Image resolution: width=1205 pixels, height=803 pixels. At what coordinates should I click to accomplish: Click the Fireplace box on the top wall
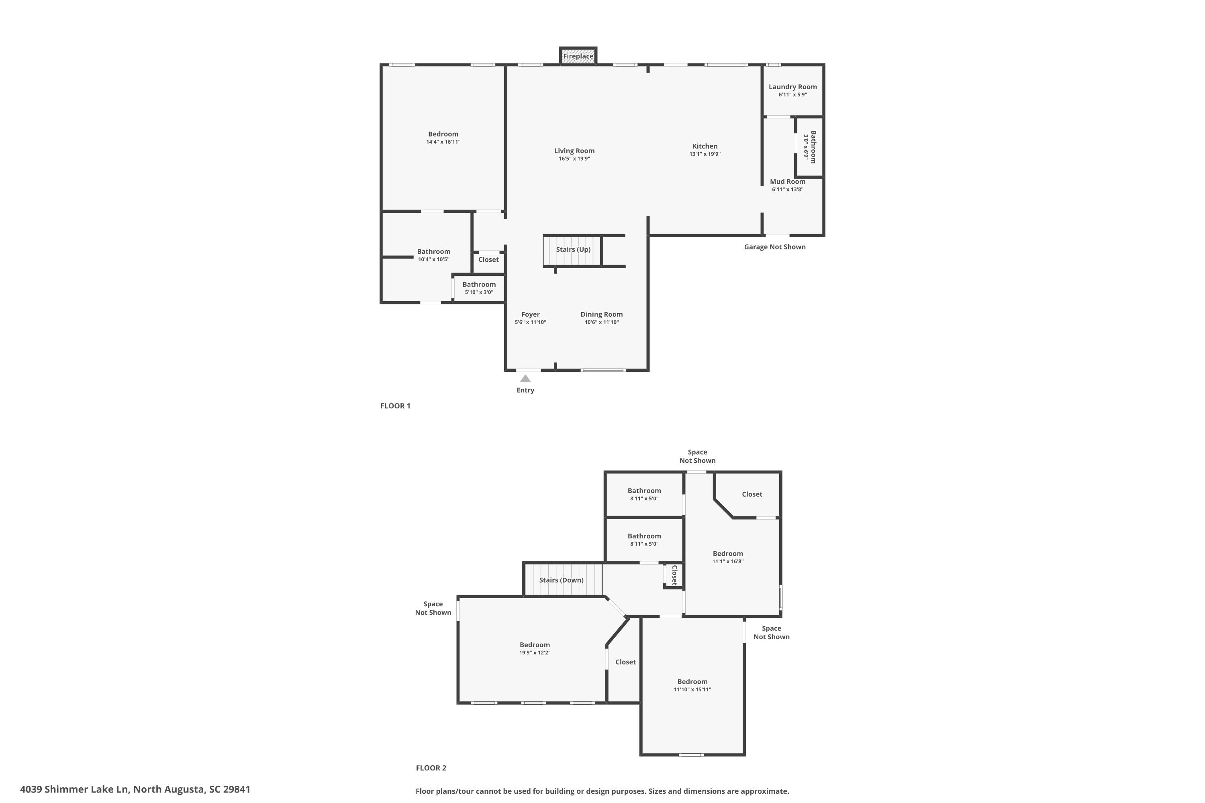(x=578, y=56)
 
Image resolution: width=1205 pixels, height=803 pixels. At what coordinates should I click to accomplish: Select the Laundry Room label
(x=792, y=87)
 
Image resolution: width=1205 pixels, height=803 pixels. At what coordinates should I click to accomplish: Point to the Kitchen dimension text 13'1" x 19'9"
(x=705, y=154)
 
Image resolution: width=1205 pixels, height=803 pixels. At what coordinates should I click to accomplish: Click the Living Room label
(x=574, y=151)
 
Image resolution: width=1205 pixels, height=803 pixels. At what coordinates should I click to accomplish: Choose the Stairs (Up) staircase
(x=572, y=251)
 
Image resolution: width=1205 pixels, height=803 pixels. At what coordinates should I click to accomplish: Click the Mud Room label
(x=787, y=182)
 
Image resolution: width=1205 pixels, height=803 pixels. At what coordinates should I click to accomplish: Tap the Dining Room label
(x=601, y=314)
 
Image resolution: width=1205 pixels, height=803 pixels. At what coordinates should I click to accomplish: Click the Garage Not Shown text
(x=775, y=247)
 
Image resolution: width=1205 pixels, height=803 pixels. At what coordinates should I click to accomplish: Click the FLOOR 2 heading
(x=431, y=768)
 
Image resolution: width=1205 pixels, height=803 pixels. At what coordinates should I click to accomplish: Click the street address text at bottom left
(x=135, y=789)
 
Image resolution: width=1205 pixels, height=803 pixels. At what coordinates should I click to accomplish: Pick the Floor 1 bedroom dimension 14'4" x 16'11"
(x=443, y=142)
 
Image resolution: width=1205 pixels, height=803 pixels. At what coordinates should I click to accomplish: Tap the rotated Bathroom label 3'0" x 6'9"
(x=809, y=147)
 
